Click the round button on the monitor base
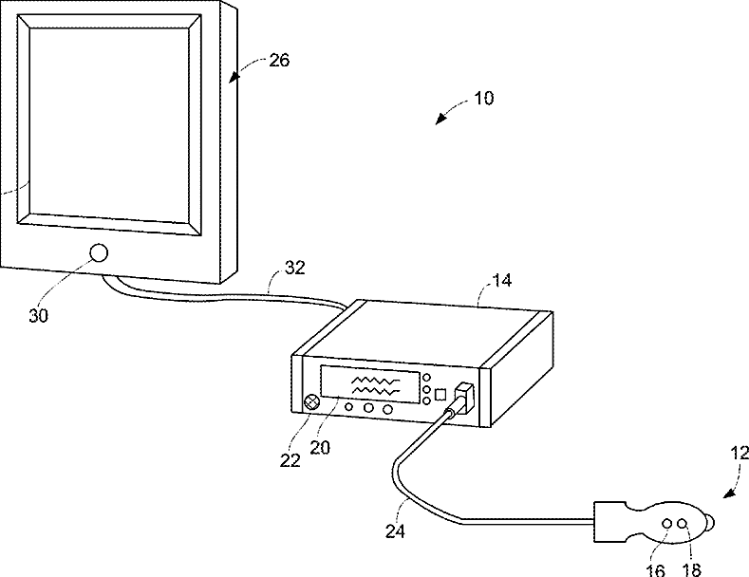coord(98,253)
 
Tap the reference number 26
coord(279,61)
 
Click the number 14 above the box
coord(500,282)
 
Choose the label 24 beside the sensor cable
coord(395,532)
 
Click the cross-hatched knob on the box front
coord(309,402)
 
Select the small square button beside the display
coord(440,393)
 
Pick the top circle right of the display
coord(426,377)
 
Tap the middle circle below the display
coord(368,408)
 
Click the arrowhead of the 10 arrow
coord(438,121)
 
